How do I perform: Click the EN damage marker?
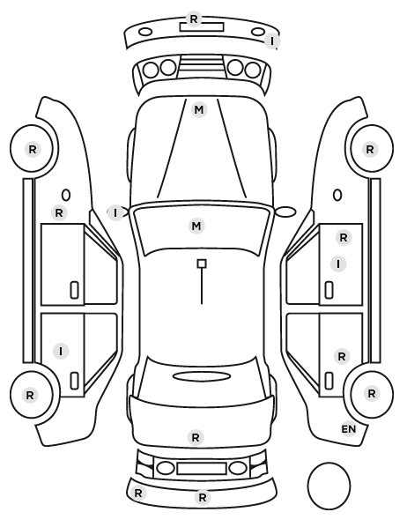click(349, 429)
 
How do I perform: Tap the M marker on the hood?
click(198, 110)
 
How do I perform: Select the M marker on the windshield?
click(196, 226)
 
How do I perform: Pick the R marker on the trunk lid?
click(196, 438)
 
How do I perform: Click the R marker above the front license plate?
click(193, 19)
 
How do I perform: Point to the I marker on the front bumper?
click(272, 41)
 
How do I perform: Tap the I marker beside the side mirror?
click(115, 213)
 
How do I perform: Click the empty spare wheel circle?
click(329, 486)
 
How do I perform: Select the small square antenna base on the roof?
click(202, 263)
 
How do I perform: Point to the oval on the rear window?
click(202, 376)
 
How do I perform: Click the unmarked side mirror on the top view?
click(286, 212)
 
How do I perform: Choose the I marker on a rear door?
click(61, 352)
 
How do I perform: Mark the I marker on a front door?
click(338, 263)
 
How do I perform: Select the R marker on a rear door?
click(342, 356)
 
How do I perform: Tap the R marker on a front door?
click(344, 238)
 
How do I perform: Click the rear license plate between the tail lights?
click(202, 468)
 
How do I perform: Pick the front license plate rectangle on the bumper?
click(202, 27)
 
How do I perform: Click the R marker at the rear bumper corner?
click(137, 493)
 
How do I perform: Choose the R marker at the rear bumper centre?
click(202, 497)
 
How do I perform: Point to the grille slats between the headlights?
click(202, 63)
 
